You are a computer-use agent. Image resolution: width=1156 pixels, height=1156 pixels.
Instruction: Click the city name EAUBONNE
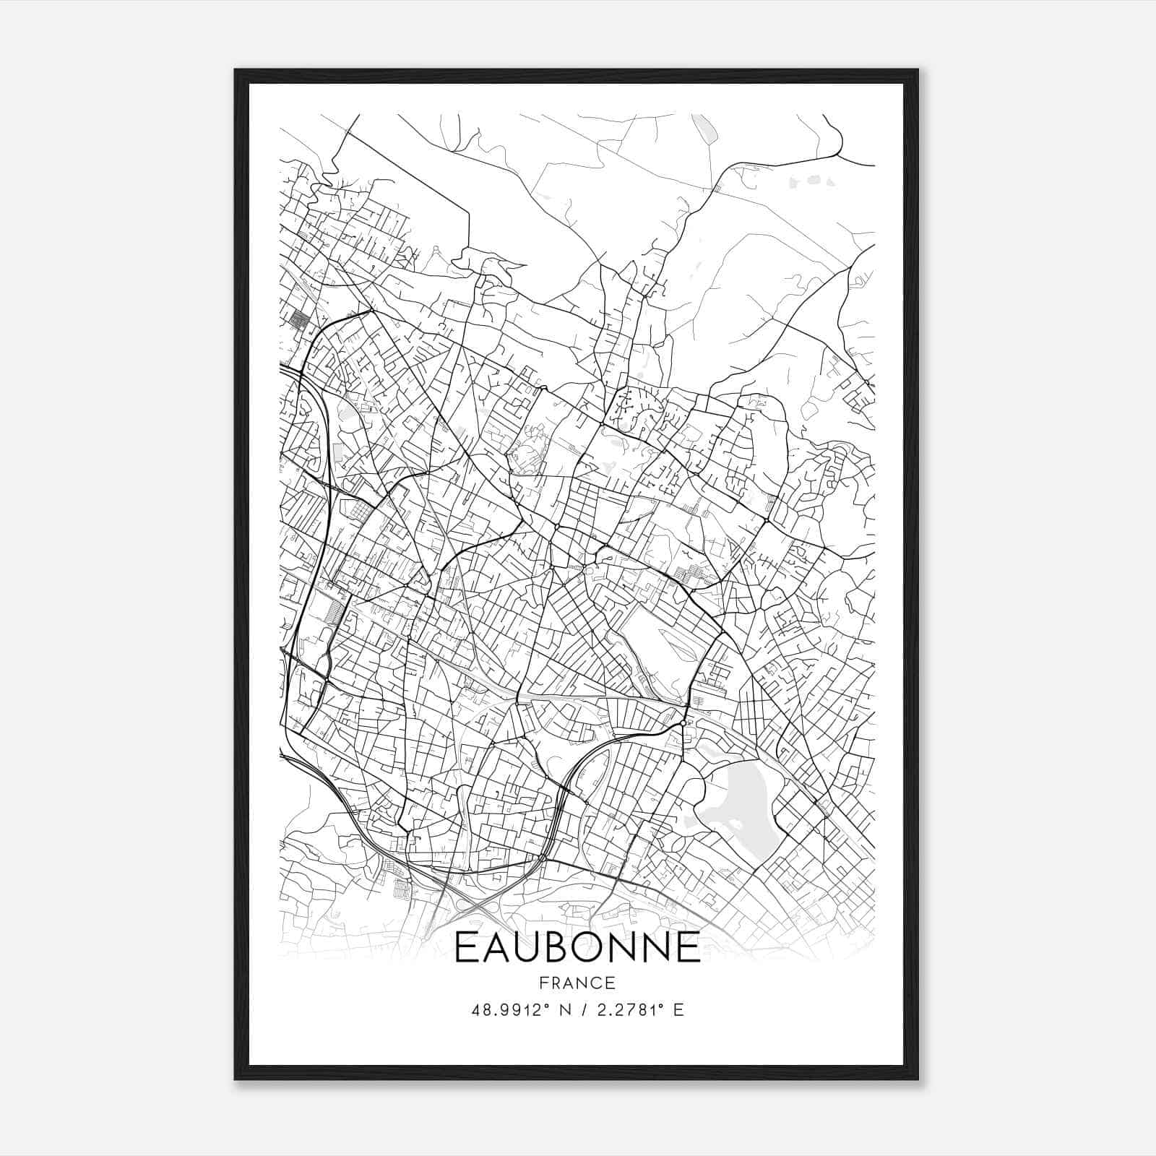[x=577, y=947]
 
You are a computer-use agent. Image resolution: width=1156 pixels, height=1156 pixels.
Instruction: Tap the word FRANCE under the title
[x=577, y=983]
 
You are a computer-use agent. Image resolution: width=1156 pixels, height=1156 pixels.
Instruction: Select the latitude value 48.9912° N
[x=517, y=1010]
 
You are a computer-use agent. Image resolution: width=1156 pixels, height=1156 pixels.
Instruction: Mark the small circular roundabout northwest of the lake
[x=683, y=722]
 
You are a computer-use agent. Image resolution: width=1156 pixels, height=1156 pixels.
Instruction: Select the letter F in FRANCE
[x=542, y=983]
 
